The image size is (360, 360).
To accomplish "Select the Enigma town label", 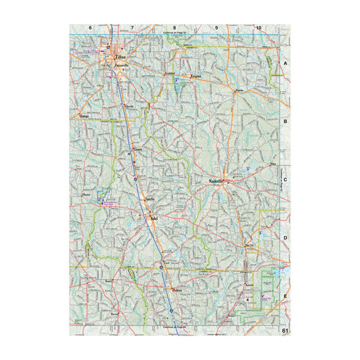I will point(195,77).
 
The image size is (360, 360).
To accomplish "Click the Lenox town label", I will point(139,146).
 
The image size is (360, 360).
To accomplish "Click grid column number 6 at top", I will point(90,28).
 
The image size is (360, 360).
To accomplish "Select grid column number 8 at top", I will point(175,28).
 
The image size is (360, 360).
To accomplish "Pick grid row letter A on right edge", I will point(286,63).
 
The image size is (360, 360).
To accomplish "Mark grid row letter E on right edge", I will point(286,296).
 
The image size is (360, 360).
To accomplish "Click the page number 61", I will point(285,330).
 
